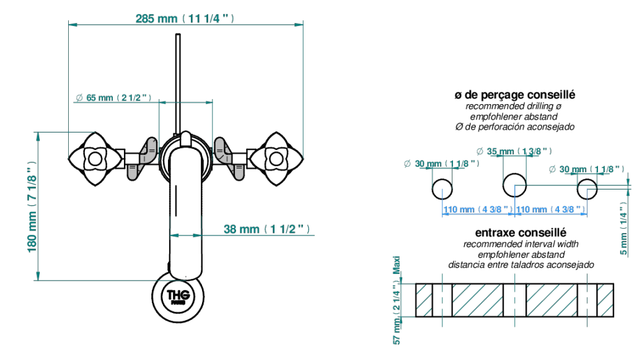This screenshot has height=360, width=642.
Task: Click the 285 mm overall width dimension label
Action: [185, 19]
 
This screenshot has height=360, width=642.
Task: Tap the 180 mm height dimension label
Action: [32, 207]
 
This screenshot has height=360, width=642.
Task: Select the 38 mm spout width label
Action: [266, 229]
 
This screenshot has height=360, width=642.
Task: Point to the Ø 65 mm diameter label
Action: [113, 97]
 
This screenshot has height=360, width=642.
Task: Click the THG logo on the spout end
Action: [178, 296]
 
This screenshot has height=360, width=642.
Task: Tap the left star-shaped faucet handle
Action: [95, 159]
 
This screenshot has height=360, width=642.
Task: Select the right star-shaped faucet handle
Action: [276, 159]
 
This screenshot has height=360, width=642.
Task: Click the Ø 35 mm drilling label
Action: [514, 151]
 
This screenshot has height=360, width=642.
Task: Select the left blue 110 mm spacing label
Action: [478, 209]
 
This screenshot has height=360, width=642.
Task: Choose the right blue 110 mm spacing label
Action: [550, 209]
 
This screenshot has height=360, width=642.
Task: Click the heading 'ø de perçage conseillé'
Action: [515, 95]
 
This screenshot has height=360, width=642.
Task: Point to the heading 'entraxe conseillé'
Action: [521, 232]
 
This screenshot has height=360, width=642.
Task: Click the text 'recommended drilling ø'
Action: [514, 106]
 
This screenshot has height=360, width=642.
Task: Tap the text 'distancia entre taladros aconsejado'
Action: [521, 265]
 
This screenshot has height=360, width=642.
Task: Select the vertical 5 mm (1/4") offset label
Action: [623, 228]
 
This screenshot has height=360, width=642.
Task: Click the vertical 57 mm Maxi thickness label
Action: [397, 300]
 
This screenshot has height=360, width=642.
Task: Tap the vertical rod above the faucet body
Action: [178, 84]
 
